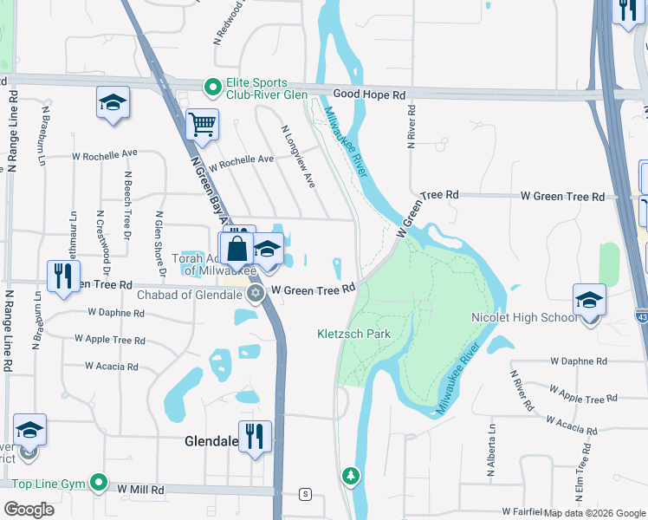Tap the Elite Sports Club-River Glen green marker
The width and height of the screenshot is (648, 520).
pos(211,87)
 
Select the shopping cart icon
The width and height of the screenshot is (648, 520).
pos(202,125)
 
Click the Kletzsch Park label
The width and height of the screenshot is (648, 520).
pos(353,334)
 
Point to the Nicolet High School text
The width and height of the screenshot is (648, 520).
pos(523,317)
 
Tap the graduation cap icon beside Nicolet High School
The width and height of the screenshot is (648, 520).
pos(589,302)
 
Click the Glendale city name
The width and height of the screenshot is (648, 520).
pos(211,441)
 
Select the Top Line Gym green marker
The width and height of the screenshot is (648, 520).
pos(99,483)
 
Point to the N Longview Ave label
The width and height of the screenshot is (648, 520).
pos(297,157)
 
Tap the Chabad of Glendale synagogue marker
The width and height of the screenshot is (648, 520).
pos(255,295)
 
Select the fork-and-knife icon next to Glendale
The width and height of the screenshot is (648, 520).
pos(255,437)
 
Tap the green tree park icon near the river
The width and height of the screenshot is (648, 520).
pos(350,475)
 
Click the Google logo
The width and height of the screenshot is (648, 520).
pos(29,510)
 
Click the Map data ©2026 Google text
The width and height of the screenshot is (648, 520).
pos(593,513)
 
